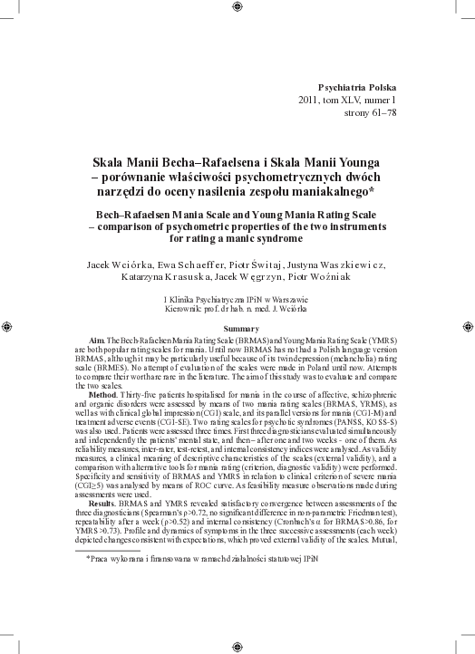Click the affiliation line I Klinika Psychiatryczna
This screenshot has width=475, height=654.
point(240,297)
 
